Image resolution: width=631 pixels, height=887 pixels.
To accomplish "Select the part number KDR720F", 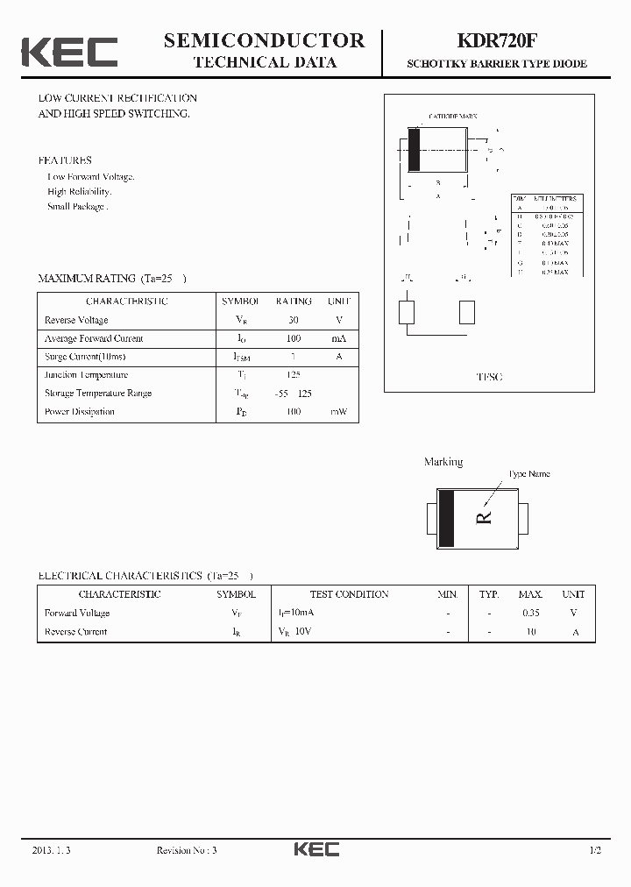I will (x=496, y=41).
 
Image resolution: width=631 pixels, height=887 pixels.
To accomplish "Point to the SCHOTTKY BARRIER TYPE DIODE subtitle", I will (x=496, y=64).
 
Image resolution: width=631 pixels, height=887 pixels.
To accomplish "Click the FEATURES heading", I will (x=64, y=160).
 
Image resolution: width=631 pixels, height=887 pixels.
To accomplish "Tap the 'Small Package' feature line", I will (x=77, y=207).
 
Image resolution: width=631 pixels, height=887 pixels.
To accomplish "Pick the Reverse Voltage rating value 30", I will (x=293, y=320).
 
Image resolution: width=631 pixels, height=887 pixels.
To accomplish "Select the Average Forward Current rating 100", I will (x=293, y=338).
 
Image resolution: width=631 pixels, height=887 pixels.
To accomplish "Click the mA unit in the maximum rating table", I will (x=338, y=338).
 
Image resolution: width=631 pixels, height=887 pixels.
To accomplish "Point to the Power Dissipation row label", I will (x=80, y=412).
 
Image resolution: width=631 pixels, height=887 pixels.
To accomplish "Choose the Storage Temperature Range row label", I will (x=98, y=394).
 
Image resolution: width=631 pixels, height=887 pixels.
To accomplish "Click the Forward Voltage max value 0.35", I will (x=530, y=614).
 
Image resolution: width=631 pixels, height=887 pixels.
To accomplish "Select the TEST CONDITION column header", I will (x=349, y=594).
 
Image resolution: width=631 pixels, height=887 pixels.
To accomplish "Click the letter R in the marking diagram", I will (x=484, y=516).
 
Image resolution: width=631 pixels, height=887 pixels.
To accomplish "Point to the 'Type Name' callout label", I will (x=529, y=474).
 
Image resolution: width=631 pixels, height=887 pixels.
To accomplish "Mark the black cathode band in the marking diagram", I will (x=446, y=516).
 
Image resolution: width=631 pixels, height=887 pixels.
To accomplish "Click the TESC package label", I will (x=489, y=377).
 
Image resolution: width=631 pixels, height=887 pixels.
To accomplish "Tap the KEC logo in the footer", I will (x=315, y=849).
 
